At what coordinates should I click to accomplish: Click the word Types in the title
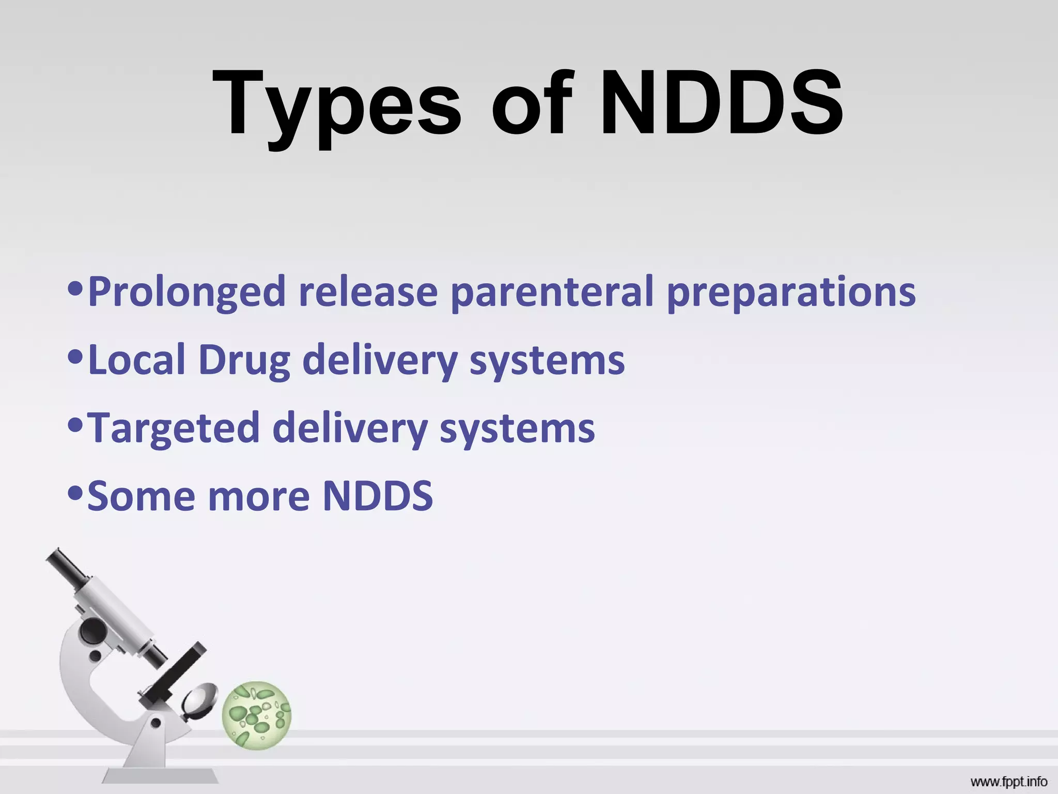pyautogui.click(x=336, y=106)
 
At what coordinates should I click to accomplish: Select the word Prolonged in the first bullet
pyautogui.click(x=186, y=293)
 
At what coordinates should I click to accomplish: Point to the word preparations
pyautogui.click(x=791, y=293)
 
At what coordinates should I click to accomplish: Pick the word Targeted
pyautogui.click(x=174, y=429)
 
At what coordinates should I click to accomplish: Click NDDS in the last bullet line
pyautogui.click(x=378, y=496)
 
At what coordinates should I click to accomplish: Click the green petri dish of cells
pyautogui.click(x=257, y=715)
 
